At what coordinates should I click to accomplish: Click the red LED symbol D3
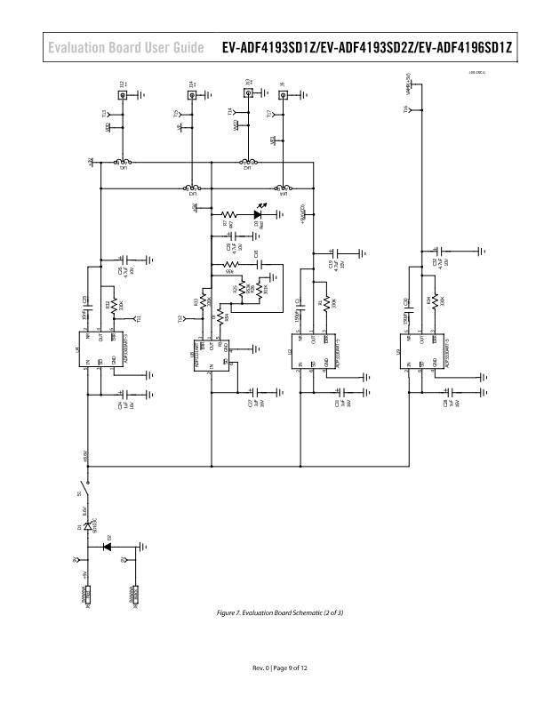257,214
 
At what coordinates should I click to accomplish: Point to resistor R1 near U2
326,303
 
